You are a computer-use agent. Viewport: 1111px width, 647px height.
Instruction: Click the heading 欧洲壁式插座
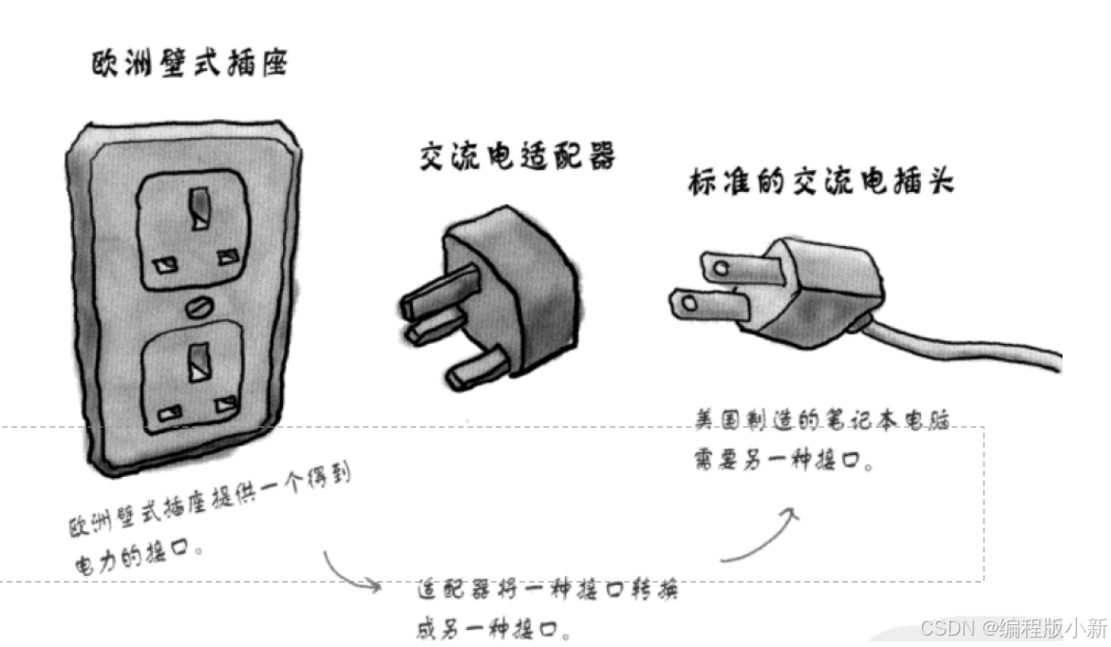[189, 65]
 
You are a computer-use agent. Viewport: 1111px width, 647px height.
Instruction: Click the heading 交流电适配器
[517, 155]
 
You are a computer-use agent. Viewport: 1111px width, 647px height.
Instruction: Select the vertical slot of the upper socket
[199, 208]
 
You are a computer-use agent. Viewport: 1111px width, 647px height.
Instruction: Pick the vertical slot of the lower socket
[199, 358]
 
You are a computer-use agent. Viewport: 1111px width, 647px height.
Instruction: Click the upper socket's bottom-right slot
[228, 257]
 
